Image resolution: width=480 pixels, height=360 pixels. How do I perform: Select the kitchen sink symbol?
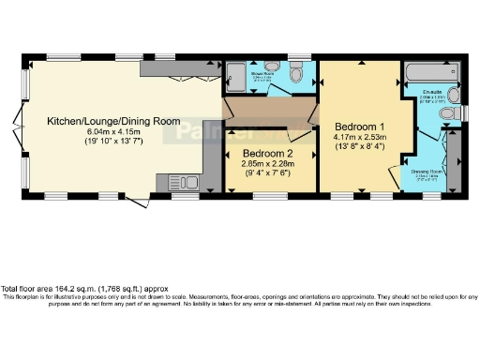tap(191, 181)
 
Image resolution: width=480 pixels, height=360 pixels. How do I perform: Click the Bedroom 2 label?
tap(269, 153)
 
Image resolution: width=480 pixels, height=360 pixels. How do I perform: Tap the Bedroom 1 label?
tap(359, 126)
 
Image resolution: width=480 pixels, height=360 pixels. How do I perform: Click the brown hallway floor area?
tap(272, 112)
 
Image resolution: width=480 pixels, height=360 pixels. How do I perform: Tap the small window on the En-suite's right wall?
tap(464, 113)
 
